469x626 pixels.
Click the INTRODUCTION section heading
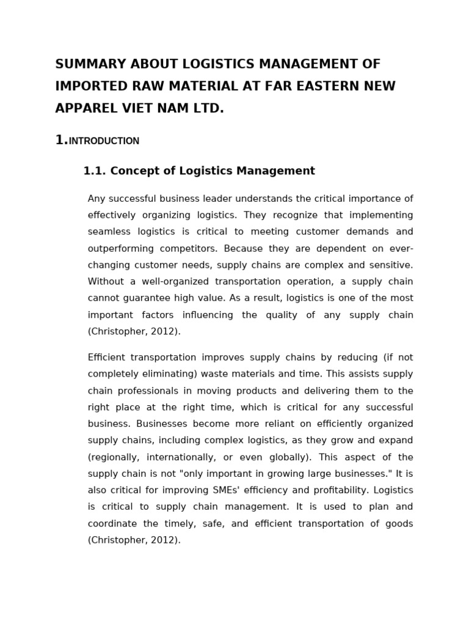point(104,141)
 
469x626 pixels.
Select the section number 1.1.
point(94,171)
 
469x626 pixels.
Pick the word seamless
point(107,232)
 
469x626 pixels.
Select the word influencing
point(203,315)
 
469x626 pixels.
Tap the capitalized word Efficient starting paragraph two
point(107,358)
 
